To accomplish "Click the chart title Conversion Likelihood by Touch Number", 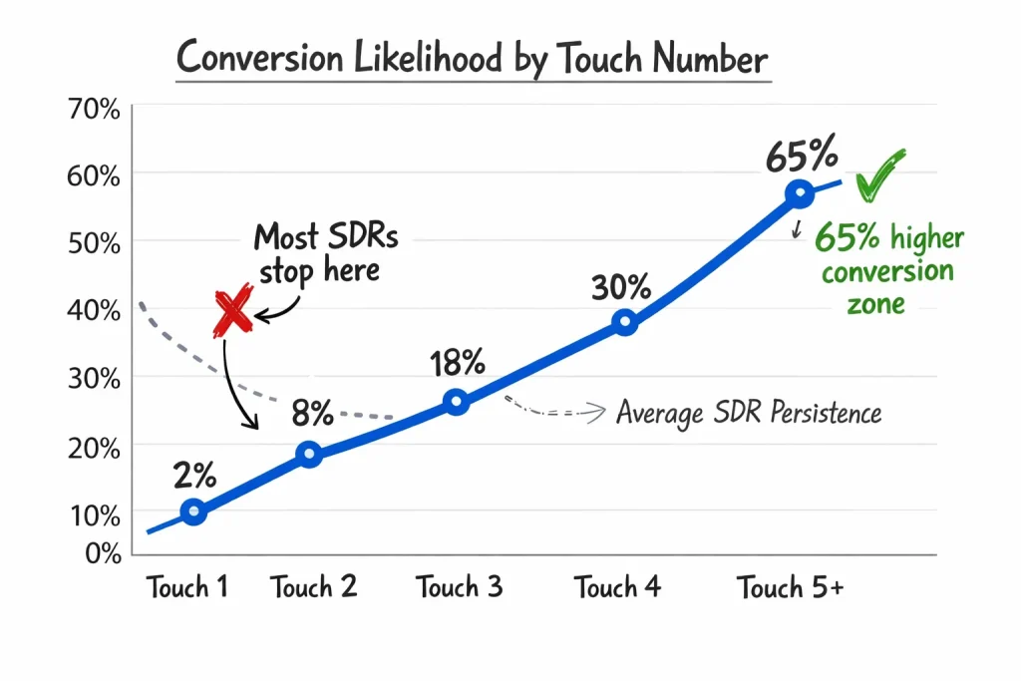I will click(x=473, y=59).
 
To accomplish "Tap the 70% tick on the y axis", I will click(x=93, y=109).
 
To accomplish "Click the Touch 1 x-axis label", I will click(x=187, y=587).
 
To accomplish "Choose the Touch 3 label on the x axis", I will click(x=460, y=587).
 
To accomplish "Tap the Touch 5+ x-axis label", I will click(x=791, y=587).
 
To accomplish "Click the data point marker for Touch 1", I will click(x=193, y=512).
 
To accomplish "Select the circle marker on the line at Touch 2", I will click(x=309, y=455).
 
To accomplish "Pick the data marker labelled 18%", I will click(x=456, y=403).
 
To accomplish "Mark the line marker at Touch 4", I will click(x=624, y=322).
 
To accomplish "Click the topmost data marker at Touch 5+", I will click(x=798, y=194).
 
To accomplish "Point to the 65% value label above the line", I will click(x=801, y=158).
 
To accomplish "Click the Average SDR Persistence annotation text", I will click(x=748, y=412).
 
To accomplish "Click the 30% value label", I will click(x=621, y=287).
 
